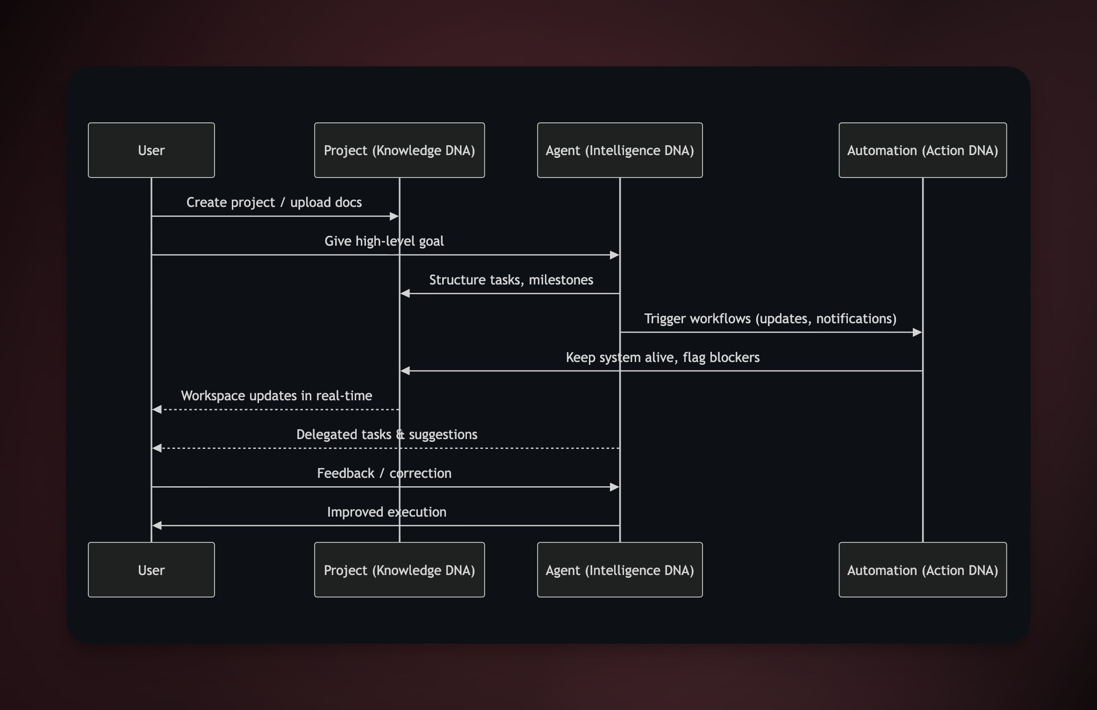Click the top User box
[151, 150]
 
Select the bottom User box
[151, 569]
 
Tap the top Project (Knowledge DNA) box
[399, 150]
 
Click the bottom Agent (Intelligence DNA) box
[619, 569]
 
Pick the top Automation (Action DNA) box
[922, 150]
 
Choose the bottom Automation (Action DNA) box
[922, 569]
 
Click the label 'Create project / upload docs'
[274, 202]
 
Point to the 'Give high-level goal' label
[384, 241]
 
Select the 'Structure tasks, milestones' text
[511, 280]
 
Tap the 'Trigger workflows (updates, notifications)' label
[770, 319]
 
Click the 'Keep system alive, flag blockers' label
[662, 357]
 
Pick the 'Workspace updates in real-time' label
[276, 396]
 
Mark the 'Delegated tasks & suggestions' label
[387, 434]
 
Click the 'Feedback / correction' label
[384, 473]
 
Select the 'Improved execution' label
[387, 512]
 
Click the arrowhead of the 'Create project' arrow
[394, 216]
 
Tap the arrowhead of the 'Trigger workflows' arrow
[917, 333]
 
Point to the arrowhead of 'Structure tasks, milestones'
[405, 293]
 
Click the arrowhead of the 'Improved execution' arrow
[157, 525]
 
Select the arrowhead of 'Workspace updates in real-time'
[157, 410]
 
